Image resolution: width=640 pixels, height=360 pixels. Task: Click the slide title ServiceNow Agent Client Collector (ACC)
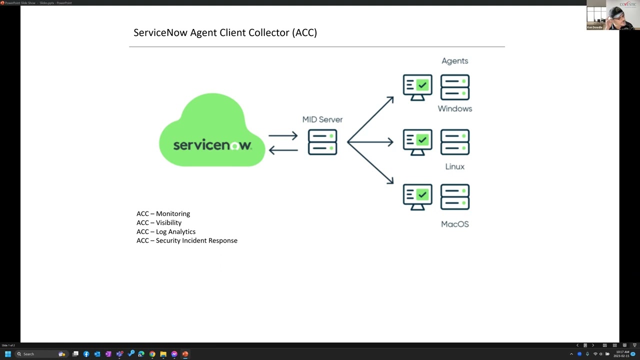(x=225, y=33)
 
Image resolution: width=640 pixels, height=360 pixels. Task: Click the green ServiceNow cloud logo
(x=212, y=131)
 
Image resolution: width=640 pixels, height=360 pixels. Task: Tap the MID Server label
(x=322, y=119)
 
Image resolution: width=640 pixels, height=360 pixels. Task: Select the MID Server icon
(x=322, y=142)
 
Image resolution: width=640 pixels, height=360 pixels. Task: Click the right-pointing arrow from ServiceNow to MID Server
(x=283, y=135)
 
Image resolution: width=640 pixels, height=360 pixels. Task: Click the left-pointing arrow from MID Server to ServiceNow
(x=283, y=149)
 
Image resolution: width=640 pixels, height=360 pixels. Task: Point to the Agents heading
(x=454, y=61)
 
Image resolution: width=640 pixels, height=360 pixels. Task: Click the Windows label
(x=454, y=108)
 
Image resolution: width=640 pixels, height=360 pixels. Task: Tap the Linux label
(x=454, y=166)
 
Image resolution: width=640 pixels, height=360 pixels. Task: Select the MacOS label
(x=454, y=224)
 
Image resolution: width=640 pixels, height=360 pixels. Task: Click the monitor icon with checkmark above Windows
(x=417, y=87)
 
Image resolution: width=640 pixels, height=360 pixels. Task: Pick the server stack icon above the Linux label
(x=455, y=142)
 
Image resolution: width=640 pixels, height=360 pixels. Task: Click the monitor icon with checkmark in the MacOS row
(x=417, y=196)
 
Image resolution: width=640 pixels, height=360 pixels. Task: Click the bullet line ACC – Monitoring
(x=163, y=214)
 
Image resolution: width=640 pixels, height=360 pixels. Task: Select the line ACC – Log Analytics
(x=166, y=232)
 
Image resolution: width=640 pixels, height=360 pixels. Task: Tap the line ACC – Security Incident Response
(x=186, y=241)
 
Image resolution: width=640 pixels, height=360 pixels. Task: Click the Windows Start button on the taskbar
(x=8, y=354)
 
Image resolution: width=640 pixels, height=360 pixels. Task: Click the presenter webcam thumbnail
(x=612, y=15)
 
